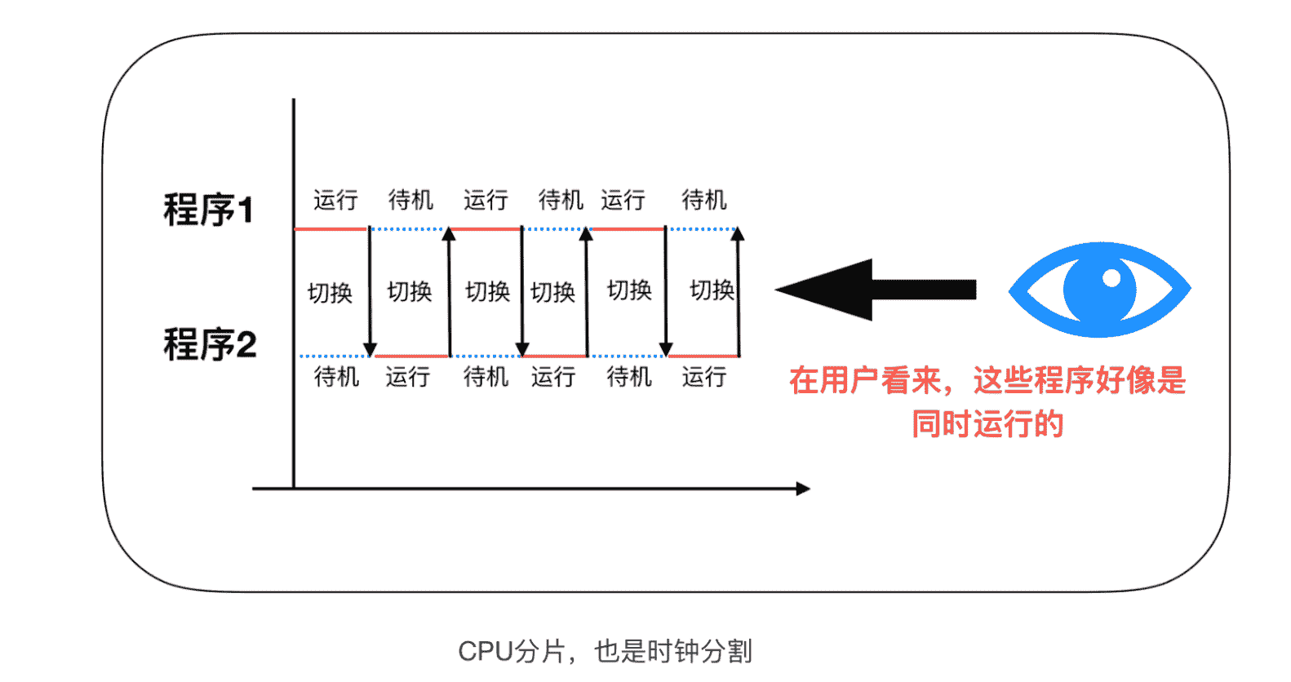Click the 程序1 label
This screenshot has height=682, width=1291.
tap(208, 210)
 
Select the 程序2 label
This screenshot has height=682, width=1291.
tap(210, 344)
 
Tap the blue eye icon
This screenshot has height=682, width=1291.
tap(1099, 290)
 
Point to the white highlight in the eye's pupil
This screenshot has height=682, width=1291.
tap(1111, 278)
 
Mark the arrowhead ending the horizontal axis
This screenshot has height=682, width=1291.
tap(803, 489)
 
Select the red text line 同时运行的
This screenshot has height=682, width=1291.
tap(987, 424)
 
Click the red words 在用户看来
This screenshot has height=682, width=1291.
tap(865, 380)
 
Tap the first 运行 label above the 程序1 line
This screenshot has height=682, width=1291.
tap(335, 200)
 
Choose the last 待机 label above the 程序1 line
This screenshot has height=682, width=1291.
tap(703, 200)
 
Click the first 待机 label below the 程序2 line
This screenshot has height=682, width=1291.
tap(336, 377)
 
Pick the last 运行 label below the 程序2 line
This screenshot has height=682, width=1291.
tap(703, 377)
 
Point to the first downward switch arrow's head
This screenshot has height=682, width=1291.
tap(370, 349)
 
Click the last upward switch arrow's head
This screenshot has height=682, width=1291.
tap(738, 234)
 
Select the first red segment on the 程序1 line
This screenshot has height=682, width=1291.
tap(331, 229)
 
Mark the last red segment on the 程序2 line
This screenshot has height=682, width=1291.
tap(703, 356)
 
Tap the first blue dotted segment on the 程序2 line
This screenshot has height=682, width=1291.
tap(333, 356)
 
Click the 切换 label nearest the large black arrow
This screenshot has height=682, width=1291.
tap(712, 290)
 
